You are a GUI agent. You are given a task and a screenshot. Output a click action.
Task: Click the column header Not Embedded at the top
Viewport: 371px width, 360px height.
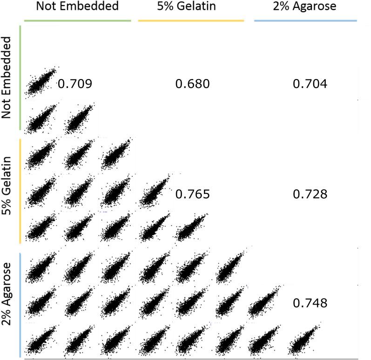pyautogui.click(x=77, y=7)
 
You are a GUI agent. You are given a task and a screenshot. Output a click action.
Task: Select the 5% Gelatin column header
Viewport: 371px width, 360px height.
pyautogui.click(x=190, y=7)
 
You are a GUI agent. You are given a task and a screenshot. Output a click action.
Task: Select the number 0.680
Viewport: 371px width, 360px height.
pyautogui.click(x=192, y=84)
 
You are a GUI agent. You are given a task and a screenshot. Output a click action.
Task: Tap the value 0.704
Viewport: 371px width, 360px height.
pyautogui.click(x=310, y=84)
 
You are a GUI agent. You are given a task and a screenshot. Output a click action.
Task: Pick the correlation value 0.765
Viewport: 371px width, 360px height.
pyautogui.click(x=192, y=194)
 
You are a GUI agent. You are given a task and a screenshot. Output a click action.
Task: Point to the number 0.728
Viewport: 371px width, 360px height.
pyautogui.click(x=310, y=194)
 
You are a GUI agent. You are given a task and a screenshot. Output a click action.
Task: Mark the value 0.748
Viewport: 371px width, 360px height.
pyautogui.click(x=310, y=303)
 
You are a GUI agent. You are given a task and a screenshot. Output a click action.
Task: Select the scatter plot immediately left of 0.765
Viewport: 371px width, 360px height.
pyautogui.click(x=155, y=192)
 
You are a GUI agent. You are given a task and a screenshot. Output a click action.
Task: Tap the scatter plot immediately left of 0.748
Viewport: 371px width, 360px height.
pyautogui.click(x=265, y=301)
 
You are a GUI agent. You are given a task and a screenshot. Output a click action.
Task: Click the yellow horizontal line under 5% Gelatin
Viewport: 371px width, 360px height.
pyautogui.click(x=190, y=21)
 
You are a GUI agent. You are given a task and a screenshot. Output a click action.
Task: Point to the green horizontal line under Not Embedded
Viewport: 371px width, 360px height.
pyautogui.click(x=77, y=21)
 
